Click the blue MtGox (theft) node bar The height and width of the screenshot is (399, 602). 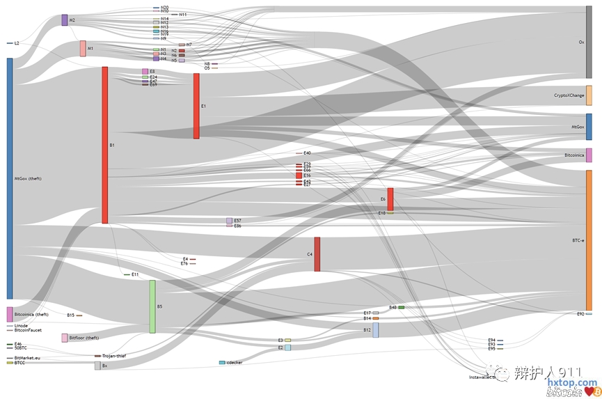point(10,178)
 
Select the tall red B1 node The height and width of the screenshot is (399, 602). point(105,145)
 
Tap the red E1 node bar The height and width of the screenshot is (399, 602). point(196,106)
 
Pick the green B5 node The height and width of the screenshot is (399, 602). point(152,306)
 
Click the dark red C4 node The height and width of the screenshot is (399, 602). point(317,254)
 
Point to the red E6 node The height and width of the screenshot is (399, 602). point(390,199)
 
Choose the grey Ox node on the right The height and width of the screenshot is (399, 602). point(589,42)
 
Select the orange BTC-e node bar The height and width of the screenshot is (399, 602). point(589,240)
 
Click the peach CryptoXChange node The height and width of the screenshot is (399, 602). point(589,95)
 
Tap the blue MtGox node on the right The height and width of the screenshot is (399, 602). point(589,127)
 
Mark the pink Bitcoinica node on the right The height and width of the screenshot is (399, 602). point(589,155)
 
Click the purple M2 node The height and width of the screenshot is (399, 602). point(65,20)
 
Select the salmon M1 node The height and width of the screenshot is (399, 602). point(83,49)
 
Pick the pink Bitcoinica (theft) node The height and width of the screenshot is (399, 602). point(10,315)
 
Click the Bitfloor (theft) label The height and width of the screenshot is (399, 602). point(84,338)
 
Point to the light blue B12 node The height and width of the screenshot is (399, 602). point(376,330)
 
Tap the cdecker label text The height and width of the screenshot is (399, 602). point(235,363)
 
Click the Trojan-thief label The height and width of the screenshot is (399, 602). point(113,356)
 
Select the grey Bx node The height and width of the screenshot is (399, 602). point(97,366)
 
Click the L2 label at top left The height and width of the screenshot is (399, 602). point(17,43)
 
